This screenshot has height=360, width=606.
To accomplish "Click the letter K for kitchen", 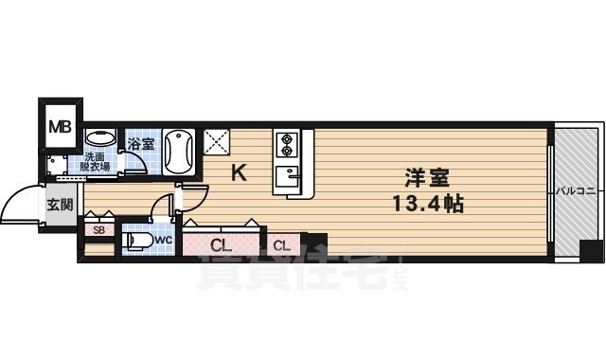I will pos(240,172).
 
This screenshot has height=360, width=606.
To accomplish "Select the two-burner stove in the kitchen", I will pos(286,144).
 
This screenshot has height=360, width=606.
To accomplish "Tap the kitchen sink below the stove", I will pos(287,176).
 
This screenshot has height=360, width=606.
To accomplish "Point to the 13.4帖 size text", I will pos(422,202).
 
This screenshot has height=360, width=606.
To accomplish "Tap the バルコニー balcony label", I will pos(576,191).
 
